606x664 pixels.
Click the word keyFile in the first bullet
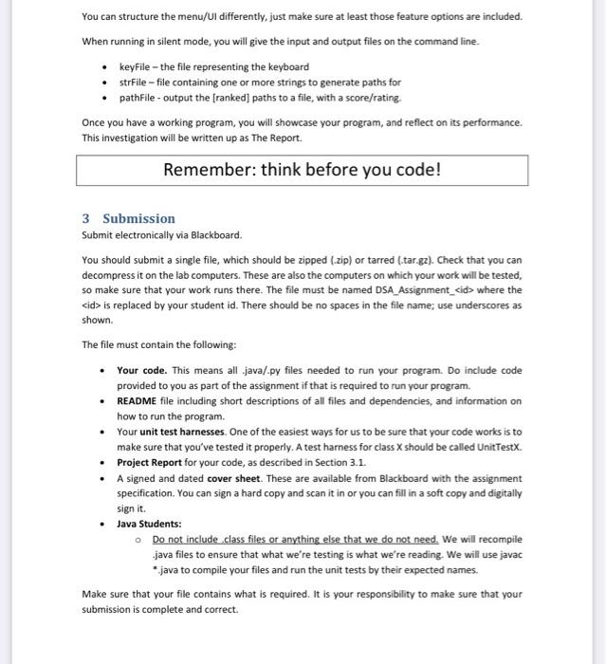click(135, 67)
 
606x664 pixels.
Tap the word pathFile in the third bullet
click(136, 98)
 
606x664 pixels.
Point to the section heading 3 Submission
click(128, 218)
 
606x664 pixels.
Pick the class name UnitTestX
click(496, 447)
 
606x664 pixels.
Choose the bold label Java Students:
click(149, 523)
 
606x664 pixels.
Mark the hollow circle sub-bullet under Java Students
click(138, 539)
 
